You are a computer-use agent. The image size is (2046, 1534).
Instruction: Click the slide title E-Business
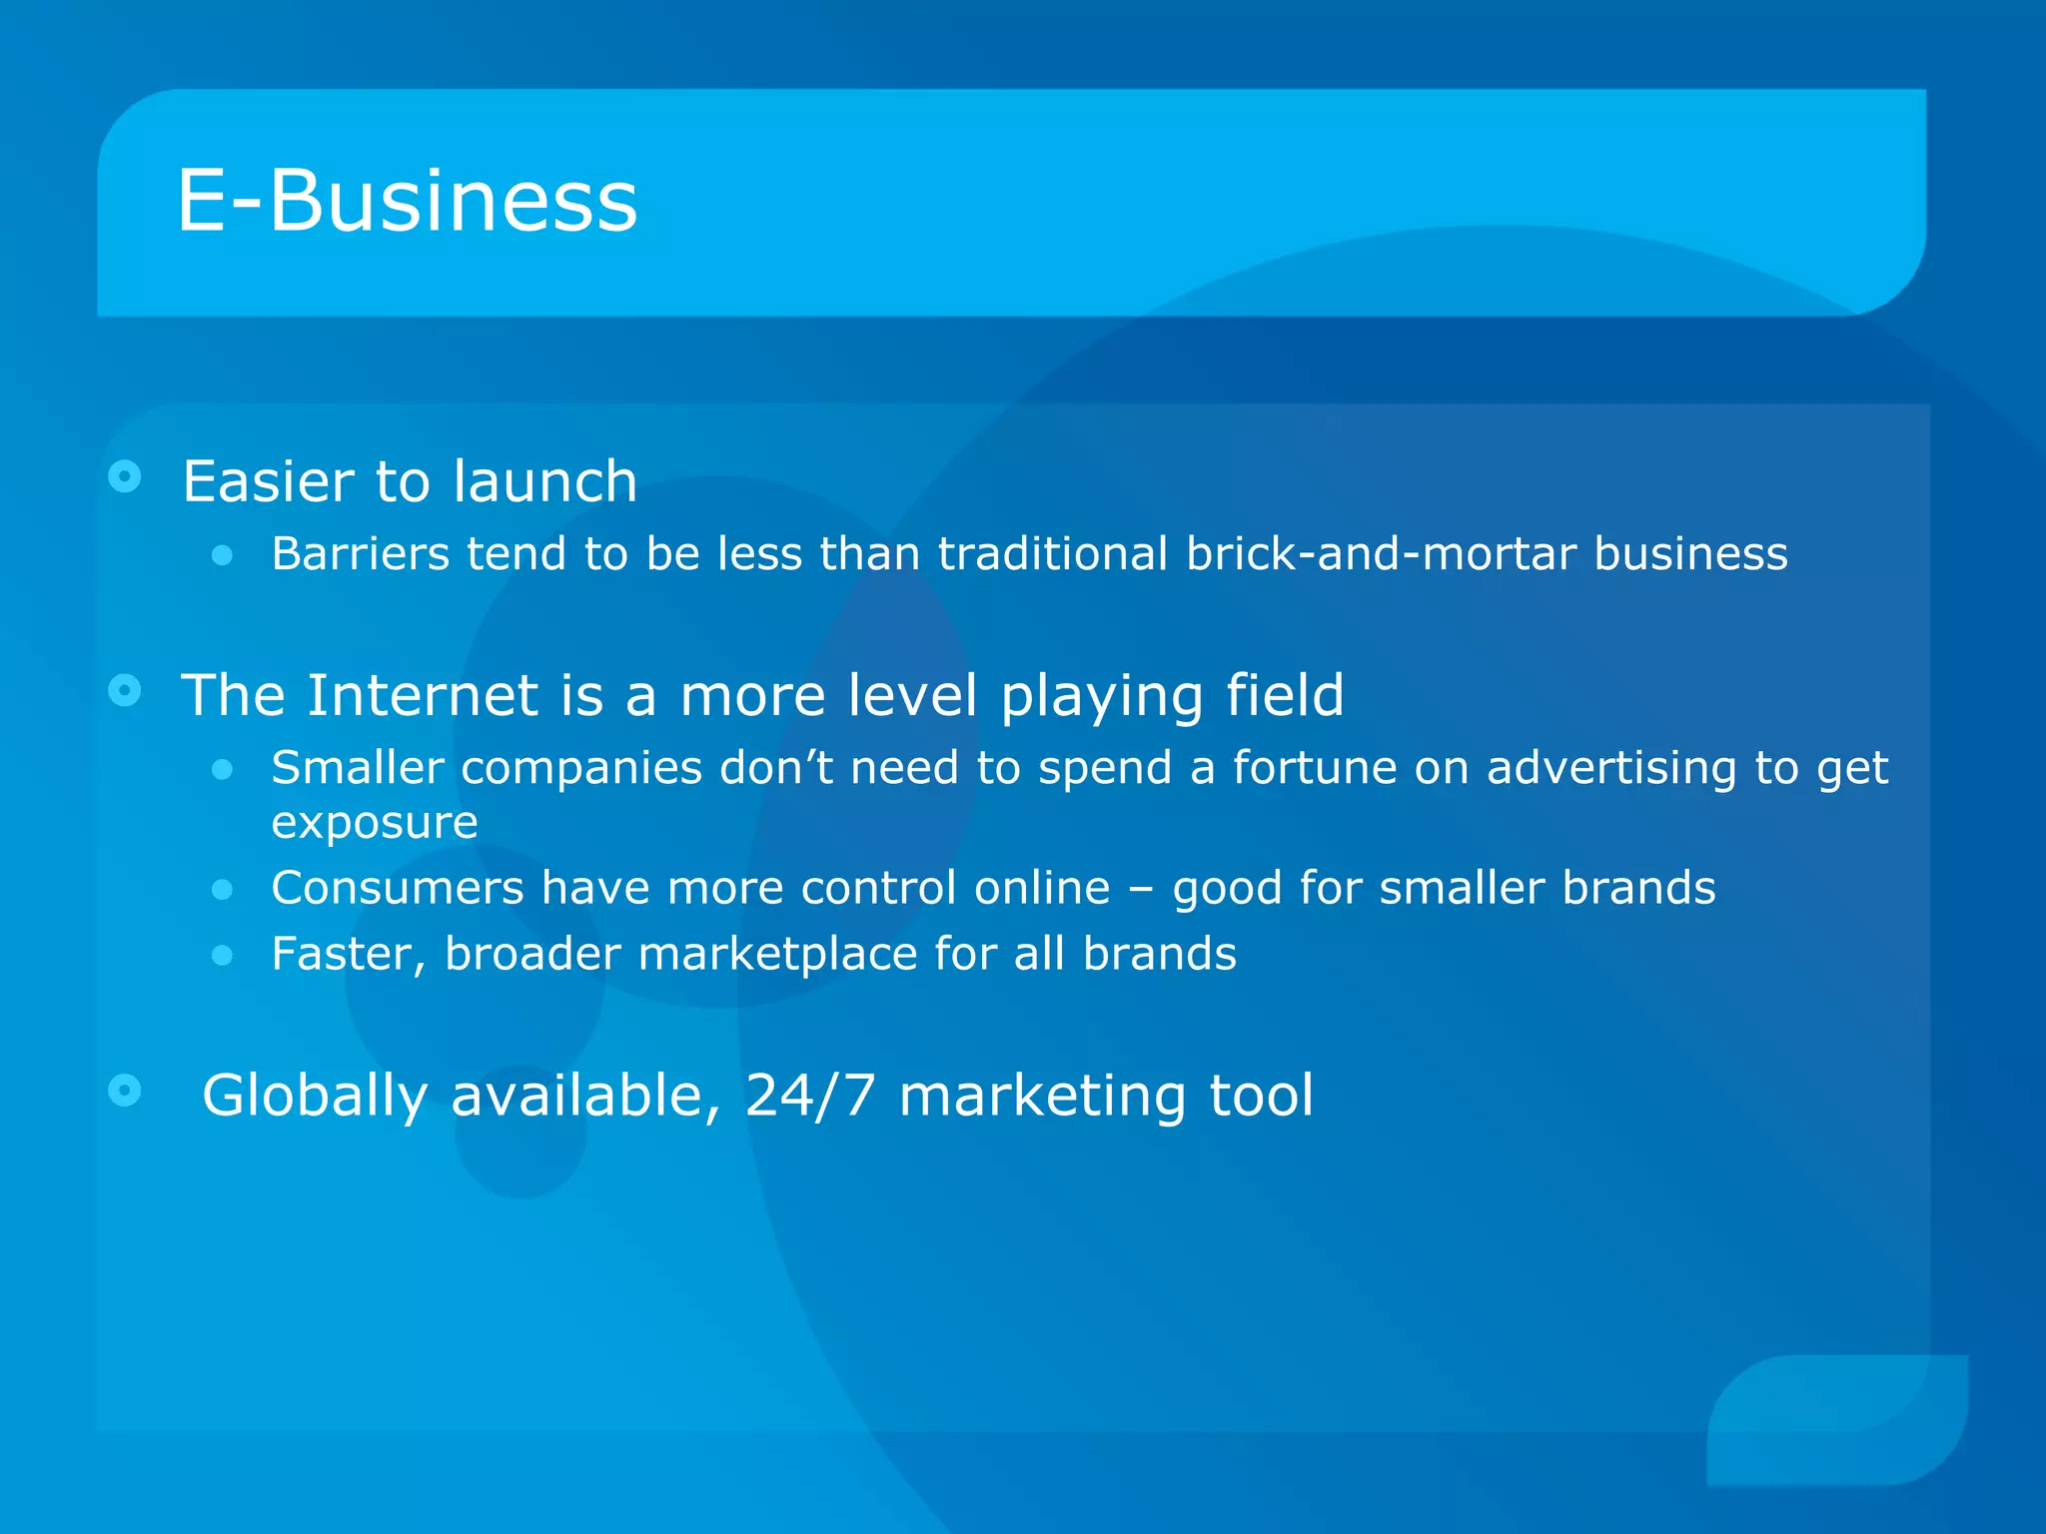[407, 202]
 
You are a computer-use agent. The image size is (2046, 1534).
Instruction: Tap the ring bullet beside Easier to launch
[125, 476]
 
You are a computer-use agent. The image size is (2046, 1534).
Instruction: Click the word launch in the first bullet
[544, 481]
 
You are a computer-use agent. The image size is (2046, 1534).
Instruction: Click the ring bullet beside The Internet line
[125, 689]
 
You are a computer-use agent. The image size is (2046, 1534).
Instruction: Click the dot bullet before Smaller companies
[223, 769]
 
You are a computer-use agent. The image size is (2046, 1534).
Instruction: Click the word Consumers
[398, 888]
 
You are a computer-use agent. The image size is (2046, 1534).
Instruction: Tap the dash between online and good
[1141, 889]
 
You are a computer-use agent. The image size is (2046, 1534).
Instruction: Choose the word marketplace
[777, 954]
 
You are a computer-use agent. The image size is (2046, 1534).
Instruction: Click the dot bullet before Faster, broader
[223, 956]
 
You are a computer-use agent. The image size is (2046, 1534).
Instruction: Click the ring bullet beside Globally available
[125, 1090]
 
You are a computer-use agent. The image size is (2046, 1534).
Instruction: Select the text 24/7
[810, 1096]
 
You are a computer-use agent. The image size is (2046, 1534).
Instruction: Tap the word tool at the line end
[1261, 1096]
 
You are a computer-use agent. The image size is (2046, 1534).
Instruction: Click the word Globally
[315, 1096]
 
